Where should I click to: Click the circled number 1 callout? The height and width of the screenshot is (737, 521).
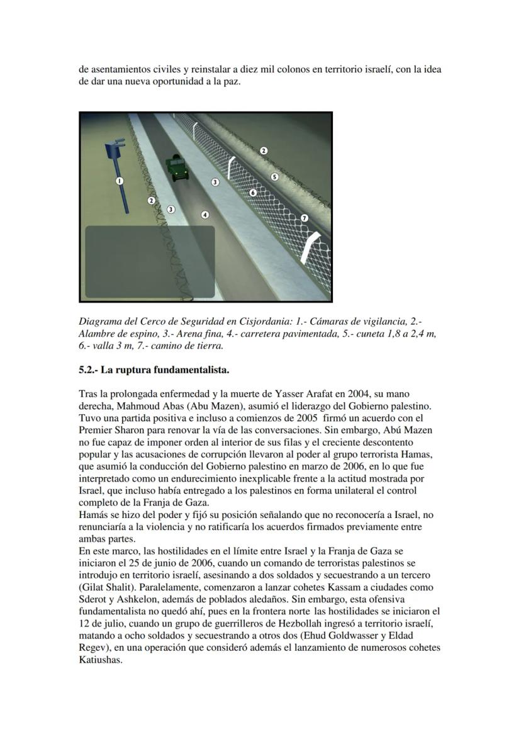[119, 181]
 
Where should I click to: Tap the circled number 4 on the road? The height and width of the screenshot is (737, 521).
[204, 215]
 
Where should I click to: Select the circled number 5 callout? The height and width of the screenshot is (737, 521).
[274, 177]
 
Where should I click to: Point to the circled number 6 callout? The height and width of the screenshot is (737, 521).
[253, 192]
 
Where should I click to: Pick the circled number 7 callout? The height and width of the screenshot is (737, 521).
[305, 218]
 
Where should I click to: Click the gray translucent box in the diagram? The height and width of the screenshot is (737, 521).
[150, 261]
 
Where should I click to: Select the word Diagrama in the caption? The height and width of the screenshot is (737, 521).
[100, 322]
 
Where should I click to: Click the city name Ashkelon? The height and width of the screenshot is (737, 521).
[146, 599]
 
